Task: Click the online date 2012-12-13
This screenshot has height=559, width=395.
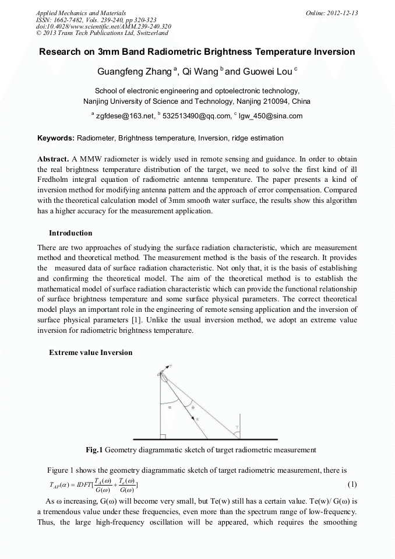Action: pyautogui.click(x=337, y=13)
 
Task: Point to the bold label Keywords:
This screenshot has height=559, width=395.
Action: pyautogui.click(x=56, y=138)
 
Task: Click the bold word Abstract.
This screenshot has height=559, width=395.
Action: pyautogui.click(x=53, y=159)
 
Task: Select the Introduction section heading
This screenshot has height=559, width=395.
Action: pyautogui.click(x=70, y=233)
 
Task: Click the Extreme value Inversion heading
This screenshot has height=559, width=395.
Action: pyautogui.click(x=90, y=353)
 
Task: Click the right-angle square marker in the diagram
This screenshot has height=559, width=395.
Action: pyautogui.click(x=163, y=435)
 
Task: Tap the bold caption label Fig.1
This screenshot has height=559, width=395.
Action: pyautogui.click(x=94, y=450)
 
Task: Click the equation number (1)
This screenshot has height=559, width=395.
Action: pyautogui.click(x=352, y=484)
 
